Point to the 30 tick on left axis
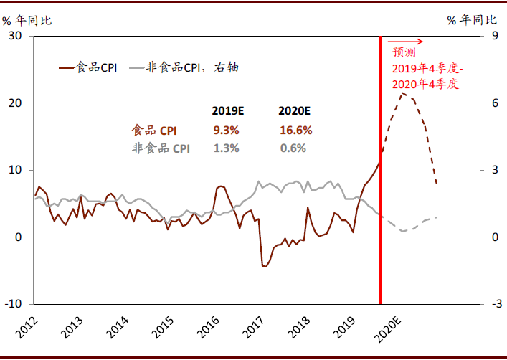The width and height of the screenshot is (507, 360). coord(14,36)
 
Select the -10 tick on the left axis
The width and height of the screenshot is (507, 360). coord(13,304)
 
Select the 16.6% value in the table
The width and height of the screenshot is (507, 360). coord(295,131)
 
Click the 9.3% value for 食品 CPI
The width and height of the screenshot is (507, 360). coord(226,131)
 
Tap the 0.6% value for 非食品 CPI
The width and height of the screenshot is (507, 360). coord(293,148)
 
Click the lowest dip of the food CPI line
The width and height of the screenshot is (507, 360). coord(265,267)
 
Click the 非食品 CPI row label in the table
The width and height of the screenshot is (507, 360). coord(161,148)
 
